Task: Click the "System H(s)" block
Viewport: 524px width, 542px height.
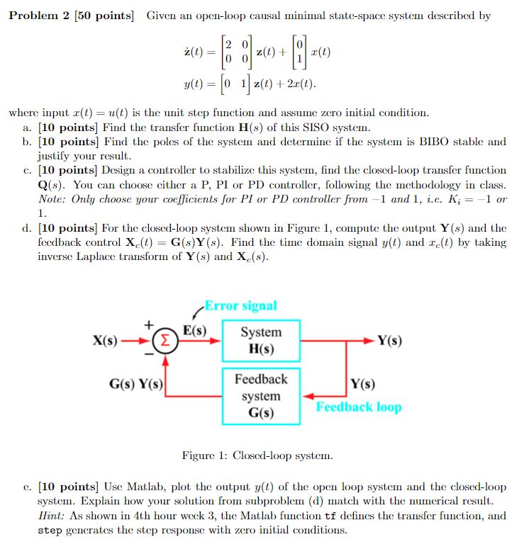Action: [x=261, y=341]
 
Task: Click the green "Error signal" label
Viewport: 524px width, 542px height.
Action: [x=240, y=306]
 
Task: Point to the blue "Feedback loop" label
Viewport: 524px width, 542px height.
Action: [x=358, y=407]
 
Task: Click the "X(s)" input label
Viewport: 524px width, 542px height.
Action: [x=105, y=340]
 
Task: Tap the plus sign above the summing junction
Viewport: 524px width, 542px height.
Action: [x=149, y=324]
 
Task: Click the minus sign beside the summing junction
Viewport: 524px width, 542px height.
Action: [x=150, y=351]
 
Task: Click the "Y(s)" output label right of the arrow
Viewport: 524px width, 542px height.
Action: [x=389, y=340]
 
